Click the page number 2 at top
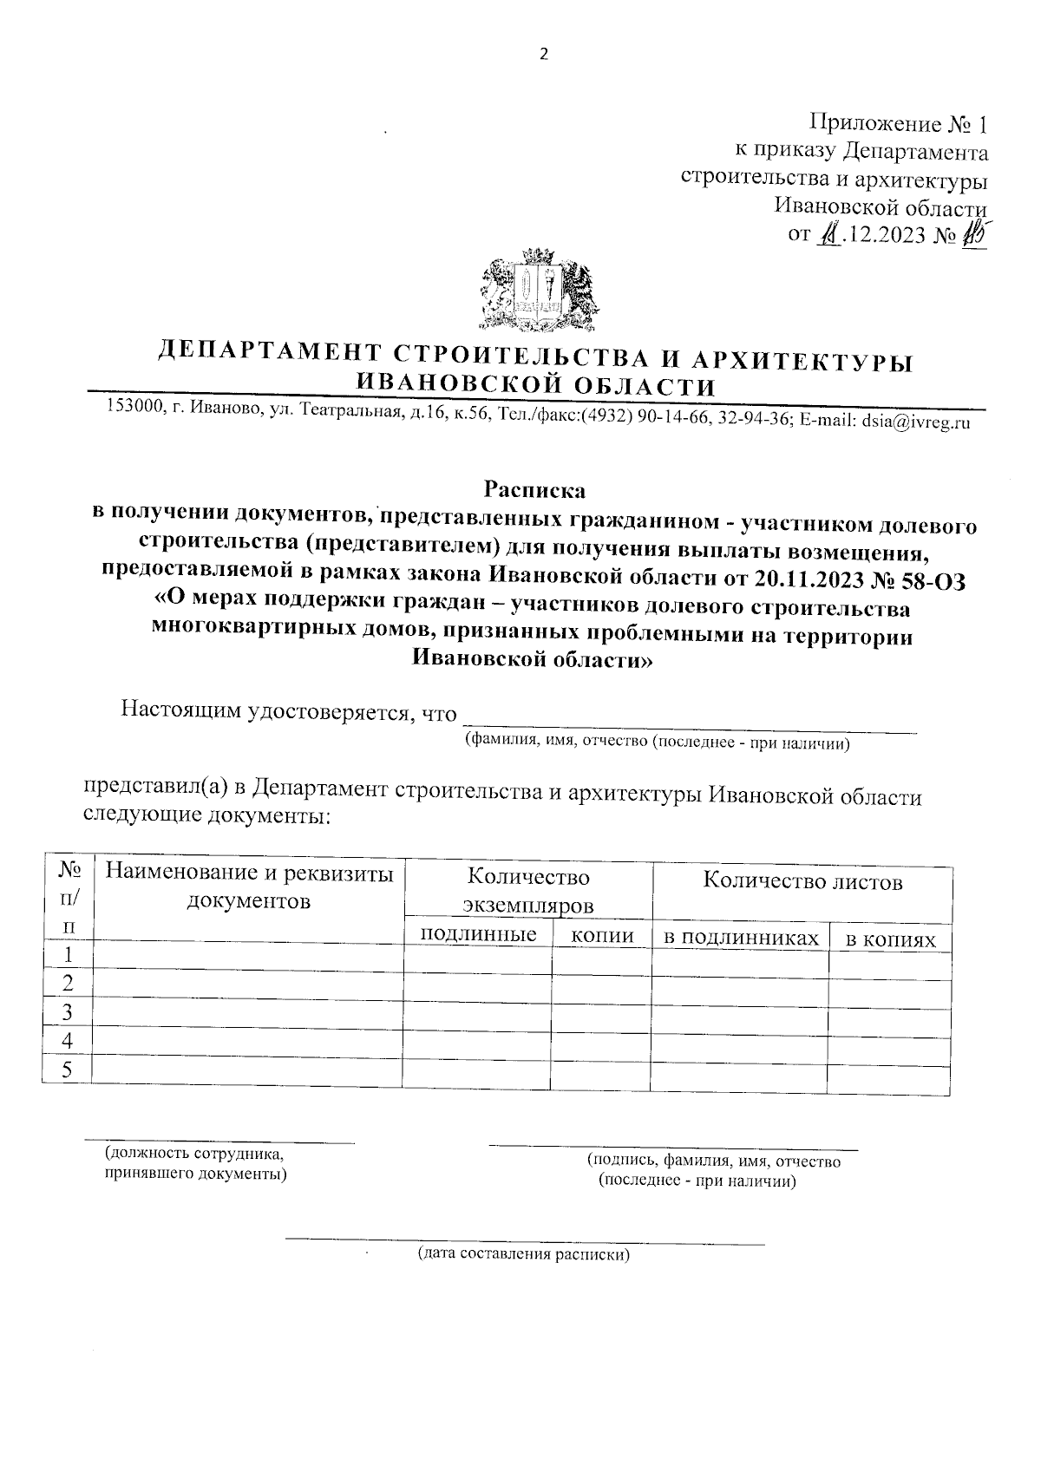[x=544, y=55]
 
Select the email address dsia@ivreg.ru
[x=915, y=422]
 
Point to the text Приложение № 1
[x=898, y=123]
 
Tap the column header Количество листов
[x=802, y=882]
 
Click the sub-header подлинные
[x=477, y=934]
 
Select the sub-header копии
[x=602, y=936]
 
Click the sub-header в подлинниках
[x=741, y=938]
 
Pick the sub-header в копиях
[x=891, y=940]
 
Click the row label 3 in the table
[x=67, y=1011]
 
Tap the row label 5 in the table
[x=66, y=1070]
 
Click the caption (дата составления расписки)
[x=524, y=1254]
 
